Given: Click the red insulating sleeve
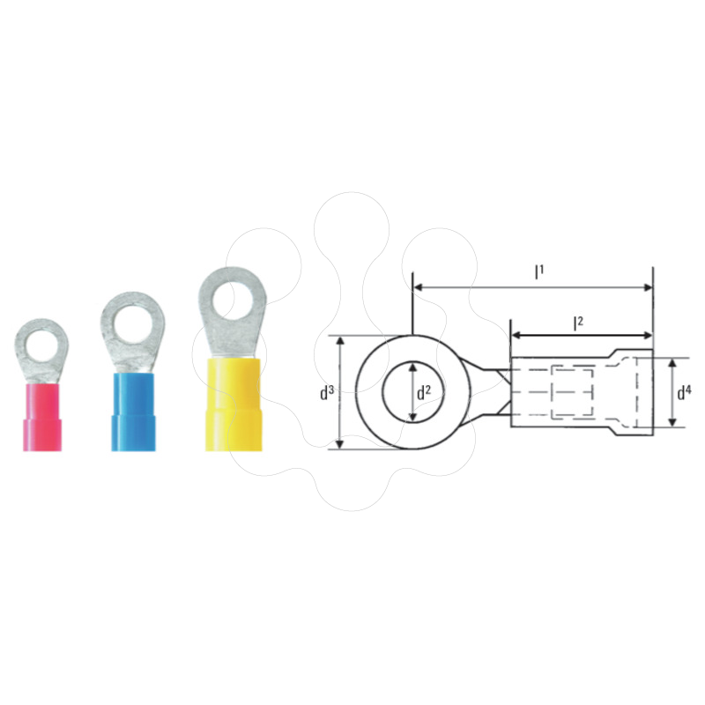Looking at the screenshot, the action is [x=41, y=417].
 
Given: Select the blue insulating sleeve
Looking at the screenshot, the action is [x=133, y=412].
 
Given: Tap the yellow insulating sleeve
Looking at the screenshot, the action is [x=234, y=404].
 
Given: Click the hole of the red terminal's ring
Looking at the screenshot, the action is [x=41, y=346].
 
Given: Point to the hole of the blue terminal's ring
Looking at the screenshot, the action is [x=131, y=325].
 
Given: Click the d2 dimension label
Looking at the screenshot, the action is [x=424, y=392].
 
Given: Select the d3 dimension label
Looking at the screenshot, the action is [x=327, y=392].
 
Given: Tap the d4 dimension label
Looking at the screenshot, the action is [x=685, y=392].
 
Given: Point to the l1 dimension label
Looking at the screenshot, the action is [x=538, y=271].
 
